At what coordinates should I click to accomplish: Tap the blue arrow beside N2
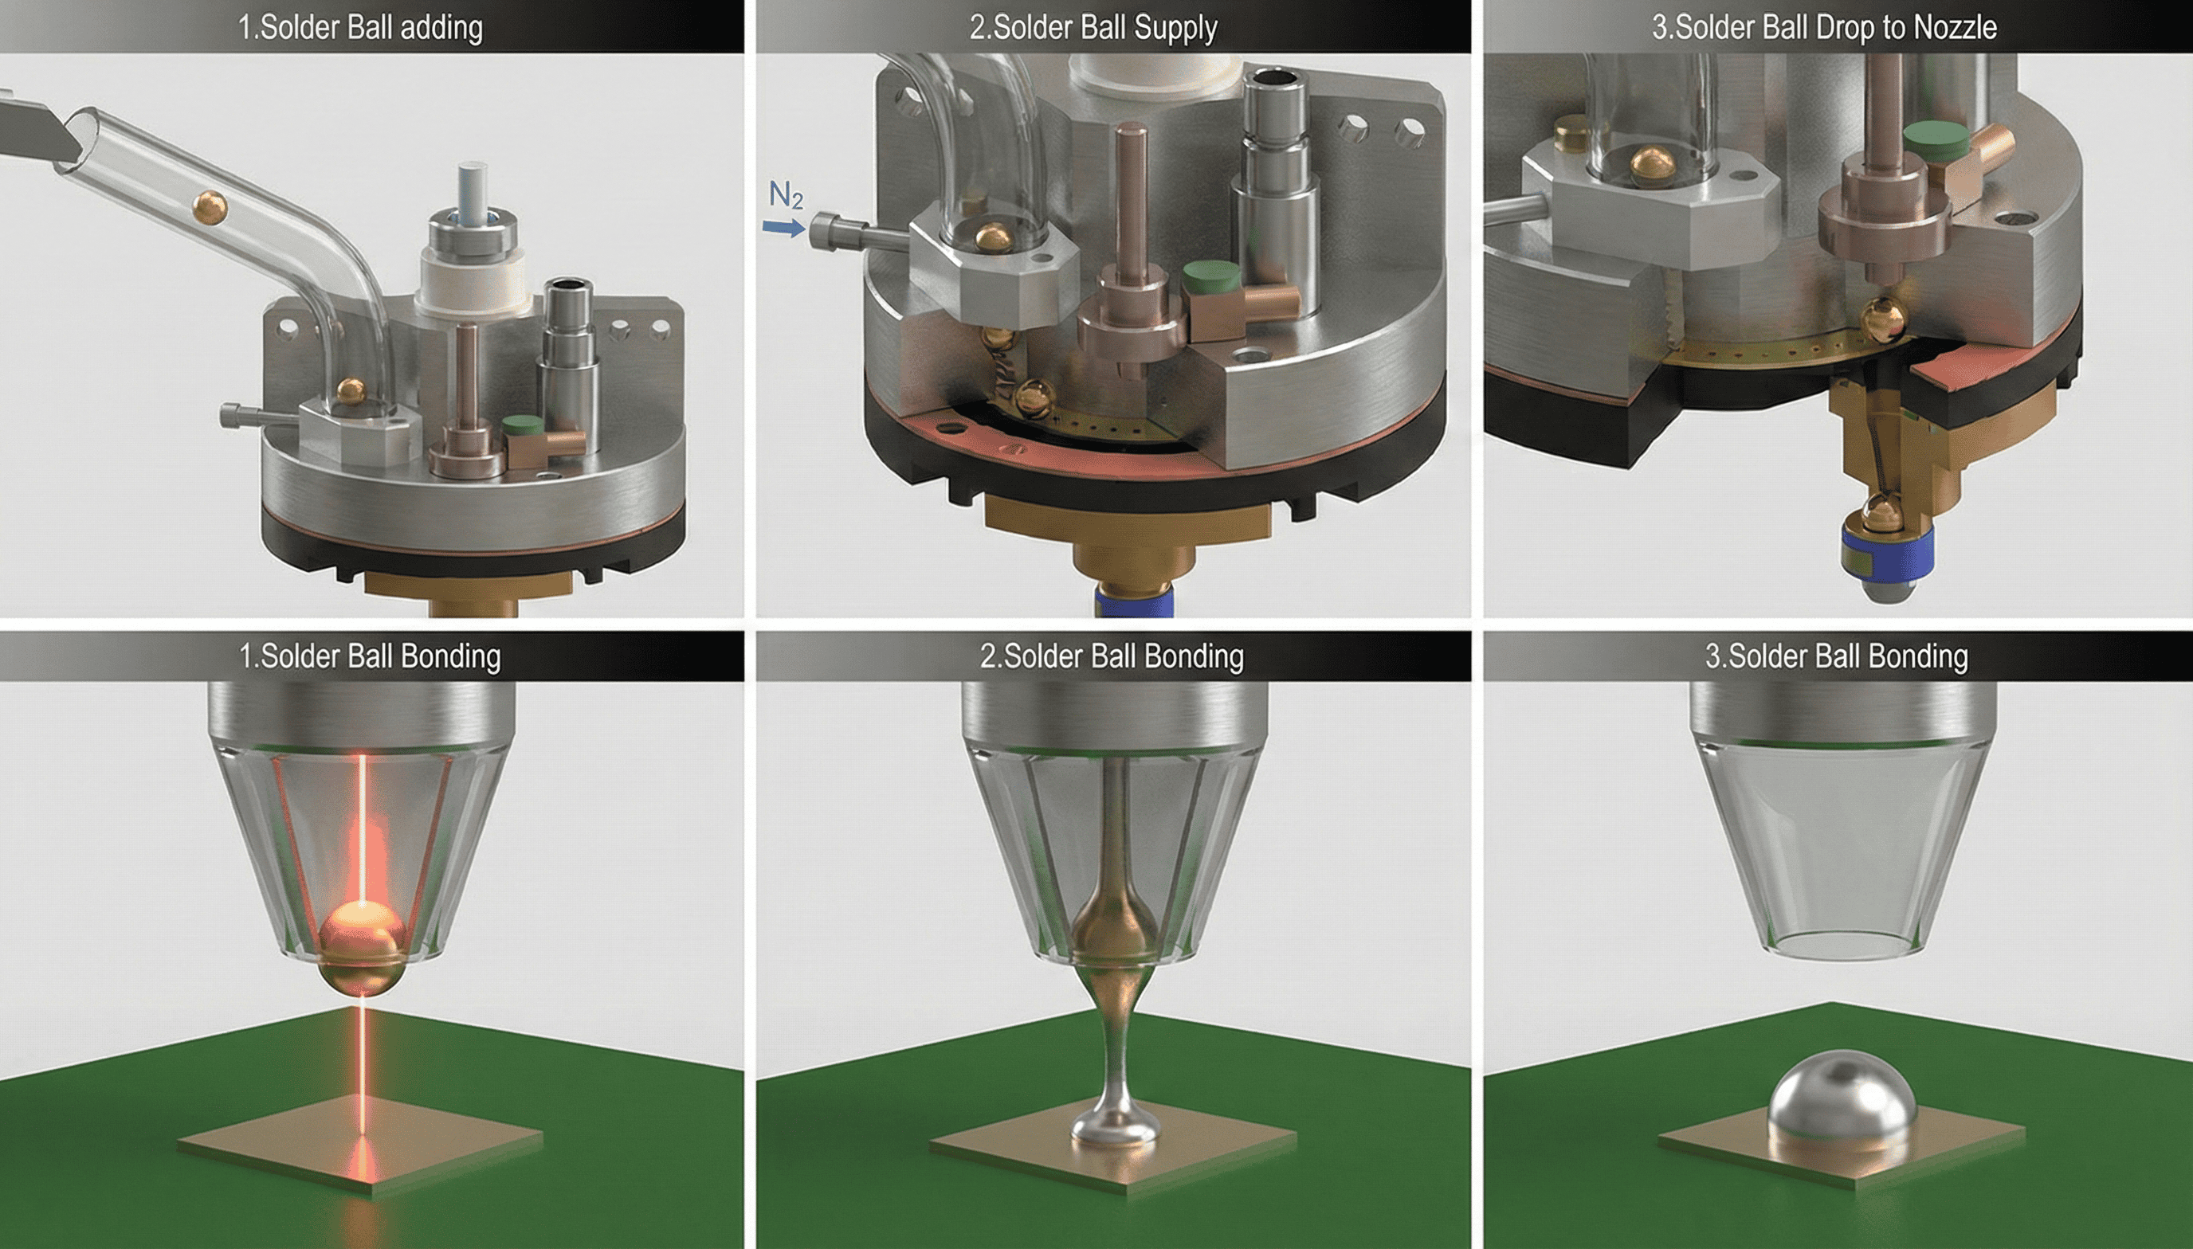pyautogui.click(x=784, y=227)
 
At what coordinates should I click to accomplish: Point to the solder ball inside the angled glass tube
pyautogui.click(x=210, y=208)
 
